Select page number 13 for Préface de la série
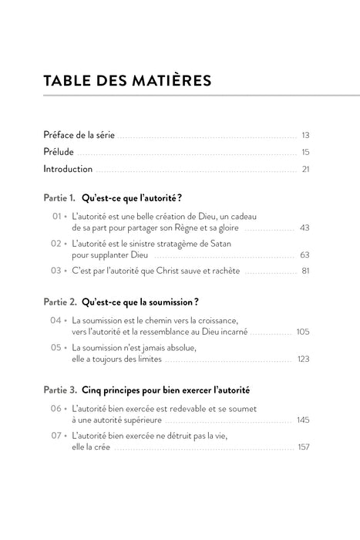305,135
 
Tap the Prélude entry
59,152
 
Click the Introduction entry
68,169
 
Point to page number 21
305,169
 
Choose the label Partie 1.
59,199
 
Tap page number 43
304,228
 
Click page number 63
304,255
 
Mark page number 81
305,272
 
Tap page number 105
302,332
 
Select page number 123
303,359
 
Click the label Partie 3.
59,391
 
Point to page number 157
303,447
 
